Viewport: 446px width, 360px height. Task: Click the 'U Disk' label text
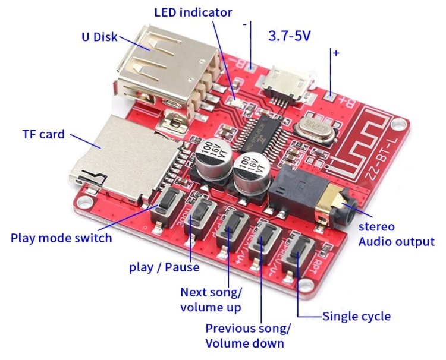pyautogui.click(x=100, y=37)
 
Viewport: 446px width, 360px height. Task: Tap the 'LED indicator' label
pyautogui.click(x=193, y=12)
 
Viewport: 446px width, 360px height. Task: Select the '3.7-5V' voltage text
pyautogui.click(x=290, y=36)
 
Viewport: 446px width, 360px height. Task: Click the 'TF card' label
pyautogui.click(x=43, y=135)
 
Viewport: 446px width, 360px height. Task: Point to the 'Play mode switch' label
pyautogui.click(x=61, y=238)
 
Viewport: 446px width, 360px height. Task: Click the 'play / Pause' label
pyautogui.click(x=164, y=267)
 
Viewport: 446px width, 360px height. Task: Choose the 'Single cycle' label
pyautogui.click(x=357, y=316)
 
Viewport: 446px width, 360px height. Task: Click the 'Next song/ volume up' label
pyautogui.click(x=211, y=299)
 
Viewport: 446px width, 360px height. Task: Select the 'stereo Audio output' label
pyautogui.click(x=395, y=234)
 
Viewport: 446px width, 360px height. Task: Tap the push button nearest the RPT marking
pyautogui.click(x=296, y=255)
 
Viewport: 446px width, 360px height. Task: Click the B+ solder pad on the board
pyautogui.click(x=331, y=94)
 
